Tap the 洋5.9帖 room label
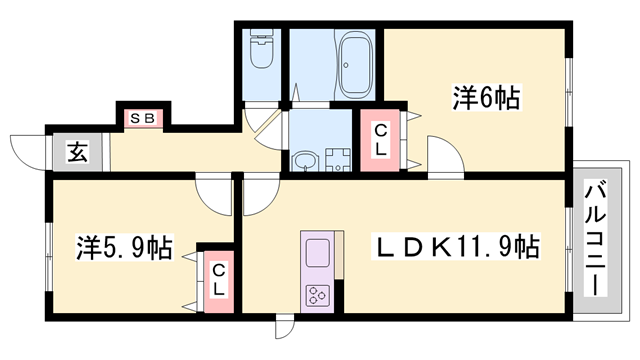point(123,246)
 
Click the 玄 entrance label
point(77,154)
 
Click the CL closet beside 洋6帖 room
point(381,141)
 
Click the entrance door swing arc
point(28,150)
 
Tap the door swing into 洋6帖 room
point(441,158)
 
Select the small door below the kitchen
point(285,329)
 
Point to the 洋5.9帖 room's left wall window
point(48,246)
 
